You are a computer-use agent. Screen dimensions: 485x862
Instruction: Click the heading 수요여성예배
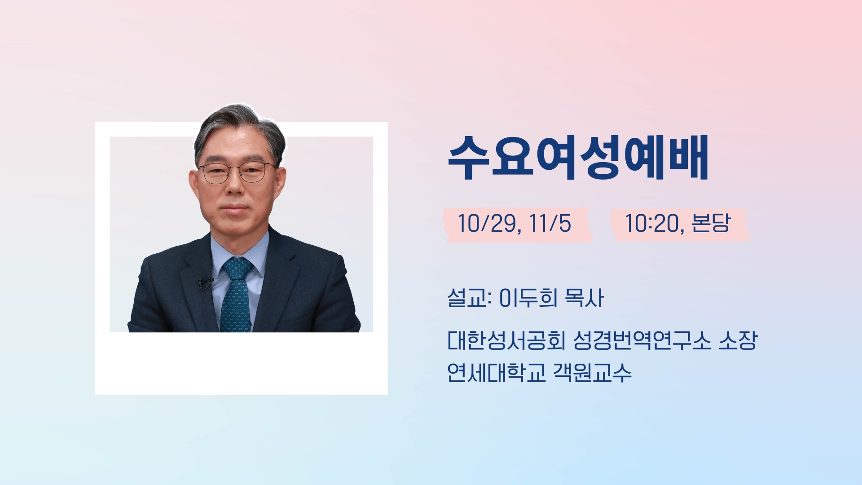click(578, 158)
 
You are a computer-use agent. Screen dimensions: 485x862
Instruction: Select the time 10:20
click(652, 224)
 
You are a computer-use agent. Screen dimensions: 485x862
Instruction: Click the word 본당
click(711, 223)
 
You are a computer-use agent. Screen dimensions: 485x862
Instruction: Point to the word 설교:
click(470, 298)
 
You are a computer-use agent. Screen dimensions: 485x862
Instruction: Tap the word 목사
click(584, 298)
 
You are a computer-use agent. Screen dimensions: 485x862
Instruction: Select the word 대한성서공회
click(506, 341)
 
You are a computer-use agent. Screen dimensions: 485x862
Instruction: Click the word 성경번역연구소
click(642, 341)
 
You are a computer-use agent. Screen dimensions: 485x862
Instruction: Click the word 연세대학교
click(496, 373)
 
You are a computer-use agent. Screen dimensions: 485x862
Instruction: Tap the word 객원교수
click(592, 373)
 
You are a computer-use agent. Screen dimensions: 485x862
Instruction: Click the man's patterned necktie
click(235, 296)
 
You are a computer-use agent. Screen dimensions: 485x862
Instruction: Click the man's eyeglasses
click(237, 172)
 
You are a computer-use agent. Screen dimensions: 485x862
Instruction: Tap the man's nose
click(235, 188)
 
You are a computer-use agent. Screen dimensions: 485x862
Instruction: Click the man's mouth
click(235, 210)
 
